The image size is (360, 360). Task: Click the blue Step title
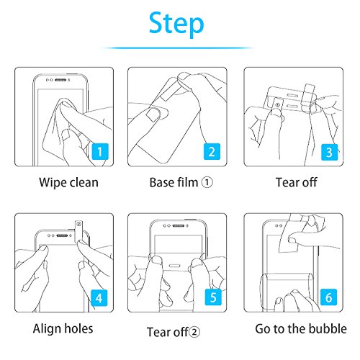tap(176, 24)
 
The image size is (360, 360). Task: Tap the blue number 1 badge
tap(100, 151)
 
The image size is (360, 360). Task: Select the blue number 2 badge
tap(212, 151)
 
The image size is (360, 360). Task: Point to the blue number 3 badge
tap(329, 152)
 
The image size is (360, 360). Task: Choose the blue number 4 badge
tap(99, 298)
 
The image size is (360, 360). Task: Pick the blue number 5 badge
tap(213, 297)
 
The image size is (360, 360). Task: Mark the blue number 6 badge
tap(328, 297)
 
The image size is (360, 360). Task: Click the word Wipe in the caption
tap(53, 183)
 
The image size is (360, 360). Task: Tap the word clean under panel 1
tap(84, 183)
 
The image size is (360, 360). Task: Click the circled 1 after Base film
tap(207, 182)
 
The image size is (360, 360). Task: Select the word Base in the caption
tap(161, 183)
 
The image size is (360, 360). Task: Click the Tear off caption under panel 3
tap(297, 182)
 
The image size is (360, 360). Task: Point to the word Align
tap(47, 329)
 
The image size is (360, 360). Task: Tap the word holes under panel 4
tap(78, 328)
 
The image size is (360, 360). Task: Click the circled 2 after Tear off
tap(194, 332)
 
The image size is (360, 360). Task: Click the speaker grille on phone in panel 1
tap(60, 80)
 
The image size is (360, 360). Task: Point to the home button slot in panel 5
tap(174, 266)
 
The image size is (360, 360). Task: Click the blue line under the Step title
tap(177, 48)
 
